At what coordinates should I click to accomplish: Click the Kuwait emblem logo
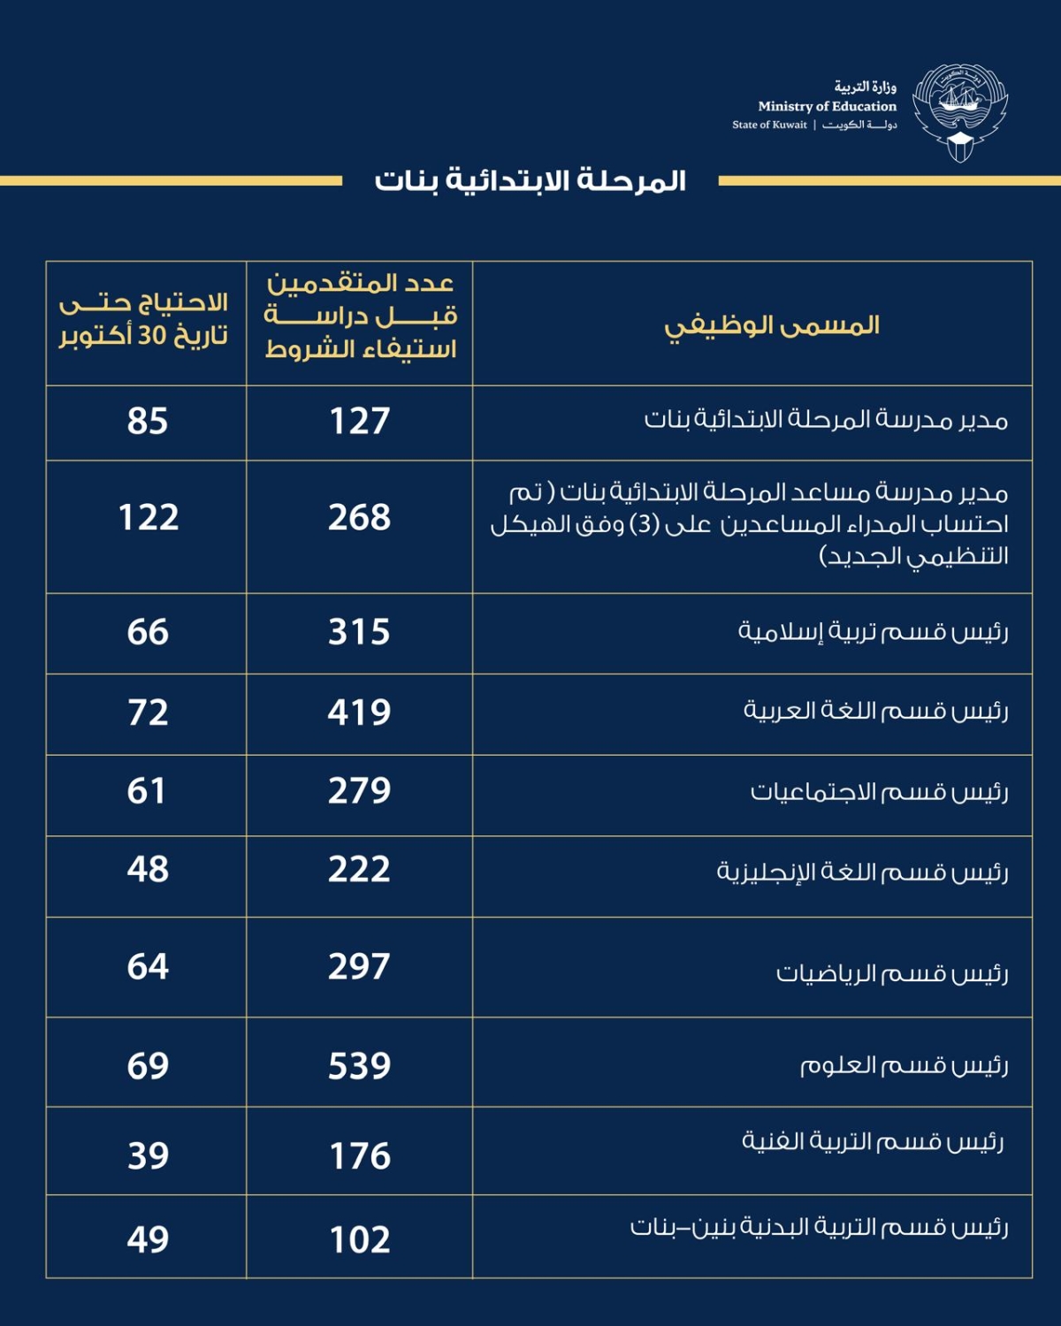[960, 112]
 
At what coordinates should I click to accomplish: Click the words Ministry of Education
[827, 106]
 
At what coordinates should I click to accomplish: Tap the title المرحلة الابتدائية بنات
[530, 180]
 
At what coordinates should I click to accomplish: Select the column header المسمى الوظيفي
[772, 325]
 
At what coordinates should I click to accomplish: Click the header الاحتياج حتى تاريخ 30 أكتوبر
[144, 319]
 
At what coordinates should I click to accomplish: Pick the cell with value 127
[359, 421]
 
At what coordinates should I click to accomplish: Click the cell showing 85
[147, 421]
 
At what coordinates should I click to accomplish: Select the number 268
[359, 517]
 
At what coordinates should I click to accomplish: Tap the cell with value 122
[149, 517]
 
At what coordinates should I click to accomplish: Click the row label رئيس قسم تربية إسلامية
[873, 631]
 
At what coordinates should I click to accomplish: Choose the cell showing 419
[359, 712]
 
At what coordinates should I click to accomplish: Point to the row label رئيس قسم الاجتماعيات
[879, 791]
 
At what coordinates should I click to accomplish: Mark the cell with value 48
[148, 869]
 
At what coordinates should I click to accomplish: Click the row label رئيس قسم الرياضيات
[891, 972]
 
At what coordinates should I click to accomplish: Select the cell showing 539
[359, 1065]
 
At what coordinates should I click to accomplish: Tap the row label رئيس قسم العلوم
[904, 1064]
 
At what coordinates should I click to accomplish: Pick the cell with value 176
[359, 1155]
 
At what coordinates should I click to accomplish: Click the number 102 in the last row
[359, 1239]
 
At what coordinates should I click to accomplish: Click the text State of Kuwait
[769, 125]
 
